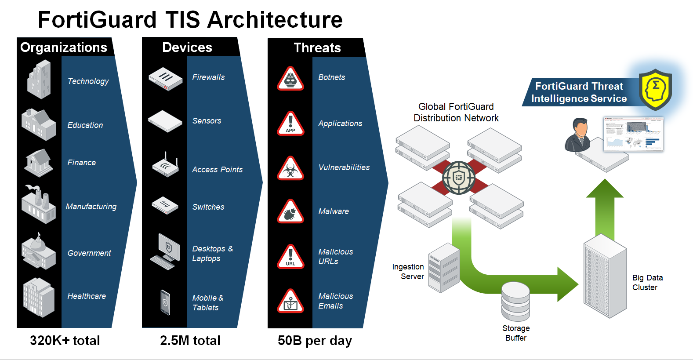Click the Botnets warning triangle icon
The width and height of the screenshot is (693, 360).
[290, 80]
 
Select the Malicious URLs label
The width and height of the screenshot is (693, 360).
[335, 256]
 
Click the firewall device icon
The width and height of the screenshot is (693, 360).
[165, 79]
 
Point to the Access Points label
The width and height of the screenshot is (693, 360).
[217, 170]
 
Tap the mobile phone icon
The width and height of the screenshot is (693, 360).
[165, 302]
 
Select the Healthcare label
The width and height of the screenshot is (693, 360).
[87, 296]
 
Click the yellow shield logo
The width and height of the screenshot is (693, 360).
[655, 89]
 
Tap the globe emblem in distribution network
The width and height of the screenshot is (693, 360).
[458, 178]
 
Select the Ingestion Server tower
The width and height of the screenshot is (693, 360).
[444, 268]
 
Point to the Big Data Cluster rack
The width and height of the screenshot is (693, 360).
[605, 276]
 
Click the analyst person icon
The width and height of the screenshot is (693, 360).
[578, 135]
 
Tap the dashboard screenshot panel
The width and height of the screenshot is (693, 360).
[633, 134]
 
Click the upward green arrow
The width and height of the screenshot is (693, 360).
[605, 207]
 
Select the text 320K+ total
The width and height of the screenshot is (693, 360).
[65, 341]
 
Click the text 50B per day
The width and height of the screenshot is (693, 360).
[315, 341]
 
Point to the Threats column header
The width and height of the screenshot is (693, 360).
[317, 47]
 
